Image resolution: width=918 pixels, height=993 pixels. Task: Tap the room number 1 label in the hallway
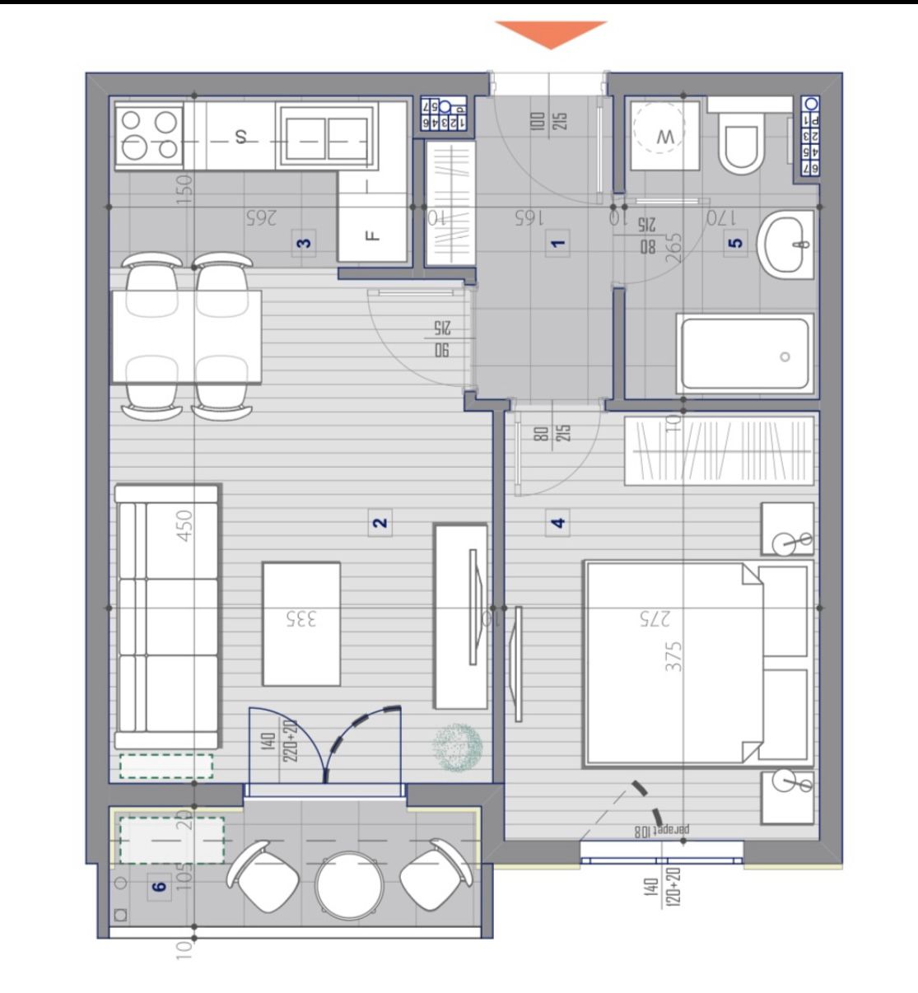[x=558, y=243]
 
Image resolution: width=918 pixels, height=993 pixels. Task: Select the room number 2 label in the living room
[x=380, y=523]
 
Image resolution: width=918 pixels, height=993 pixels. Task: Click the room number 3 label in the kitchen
[x=305, y=244]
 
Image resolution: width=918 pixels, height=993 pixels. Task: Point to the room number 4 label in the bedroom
[x=558, y=523]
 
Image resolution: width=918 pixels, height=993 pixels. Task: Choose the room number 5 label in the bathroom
[x=736, y=243]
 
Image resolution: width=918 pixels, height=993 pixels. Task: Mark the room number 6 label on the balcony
[x=160, y=886]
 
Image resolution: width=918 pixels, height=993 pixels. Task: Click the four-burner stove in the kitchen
[x=149, y=135]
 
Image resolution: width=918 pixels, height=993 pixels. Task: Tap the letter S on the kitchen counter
[x=240, y=137]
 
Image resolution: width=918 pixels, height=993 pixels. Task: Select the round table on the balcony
[x=350, y=885]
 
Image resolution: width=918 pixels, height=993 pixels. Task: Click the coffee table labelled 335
[x=301, y=623]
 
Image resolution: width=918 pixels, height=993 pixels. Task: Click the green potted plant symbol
[x=457, y=746]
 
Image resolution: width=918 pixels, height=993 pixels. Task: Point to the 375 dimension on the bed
[x=673, y=656]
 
